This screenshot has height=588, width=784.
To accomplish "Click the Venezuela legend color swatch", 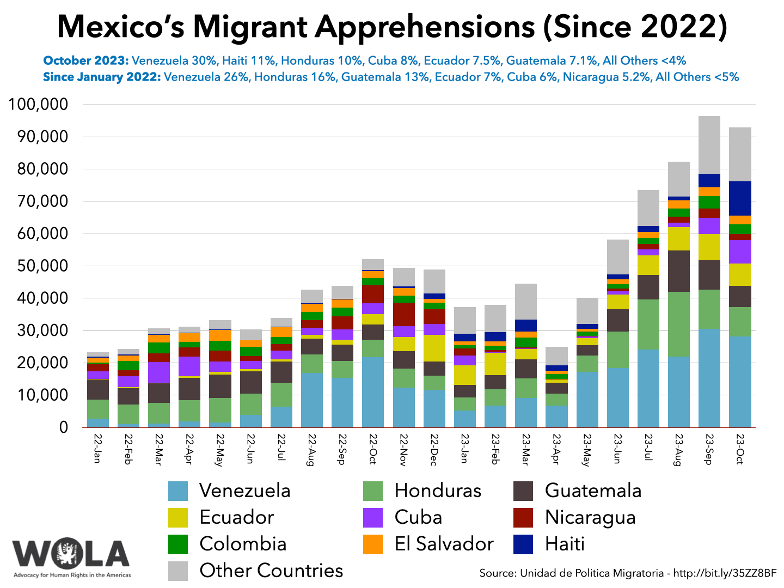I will (178, 491).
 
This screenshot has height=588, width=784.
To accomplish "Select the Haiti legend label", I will (565, 544).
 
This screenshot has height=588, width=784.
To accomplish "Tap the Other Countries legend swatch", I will (178, 571).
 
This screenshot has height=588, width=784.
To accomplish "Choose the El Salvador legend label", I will (444, 544).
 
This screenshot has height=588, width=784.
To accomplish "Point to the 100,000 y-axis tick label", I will (38, 105).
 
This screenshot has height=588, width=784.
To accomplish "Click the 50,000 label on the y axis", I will (38, 266).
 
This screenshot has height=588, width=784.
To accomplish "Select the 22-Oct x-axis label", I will (373, 449).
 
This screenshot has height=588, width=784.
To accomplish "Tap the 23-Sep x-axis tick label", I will (709, 449).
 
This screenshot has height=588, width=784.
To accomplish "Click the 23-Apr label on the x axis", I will (556, 449).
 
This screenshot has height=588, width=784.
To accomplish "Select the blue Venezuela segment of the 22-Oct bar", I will (373, 391).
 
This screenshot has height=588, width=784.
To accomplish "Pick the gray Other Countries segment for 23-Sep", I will (709, 145).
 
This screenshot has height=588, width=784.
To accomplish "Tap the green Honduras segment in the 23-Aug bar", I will (678, 324).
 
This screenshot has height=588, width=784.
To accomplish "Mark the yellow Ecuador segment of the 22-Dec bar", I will (434, 348).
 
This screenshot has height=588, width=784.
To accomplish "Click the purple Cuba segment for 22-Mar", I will (158, 372).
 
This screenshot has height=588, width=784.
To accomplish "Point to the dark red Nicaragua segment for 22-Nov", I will (403, 314).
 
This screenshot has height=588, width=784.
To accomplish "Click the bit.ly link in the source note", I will (725, 573).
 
